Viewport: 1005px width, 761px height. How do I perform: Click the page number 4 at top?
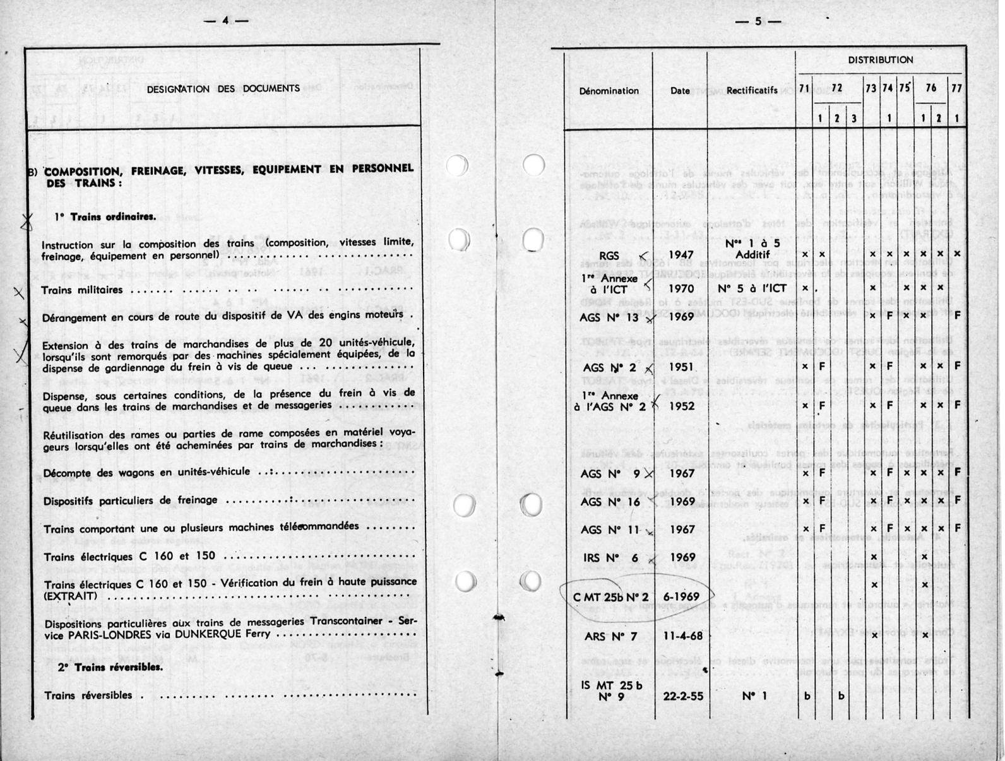coord(225,21)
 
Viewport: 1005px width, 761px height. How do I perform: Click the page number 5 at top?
coord(758,21)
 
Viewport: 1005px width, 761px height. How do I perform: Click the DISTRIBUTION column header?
coord(880,60)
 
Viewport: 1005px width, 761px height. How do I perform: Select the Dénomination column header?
coord(609,91)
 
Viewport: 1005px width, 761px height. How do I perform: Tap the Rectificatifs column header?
coord(751,90)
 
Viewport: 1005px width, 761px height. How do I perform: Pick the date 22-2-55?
coord(682,696)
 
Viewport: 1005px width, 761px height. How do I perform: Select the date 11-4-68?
coord(682,636)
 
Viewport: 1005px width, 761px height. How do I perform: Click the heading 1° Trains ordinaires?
coord(105,217)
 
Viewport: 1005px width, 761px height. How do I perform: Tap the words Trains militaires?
coord(82,290)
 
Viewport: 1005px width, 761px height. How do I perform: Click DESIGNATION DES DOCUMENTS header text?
coord(223,89)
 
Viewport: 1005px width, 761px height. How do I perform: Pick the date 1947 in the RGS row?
coord(681,256)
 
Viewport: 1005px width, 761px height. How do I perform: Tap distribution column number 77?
coord(956,88)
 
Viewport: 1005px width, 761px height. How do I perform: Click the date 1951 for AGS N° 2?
coord(681,367)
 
